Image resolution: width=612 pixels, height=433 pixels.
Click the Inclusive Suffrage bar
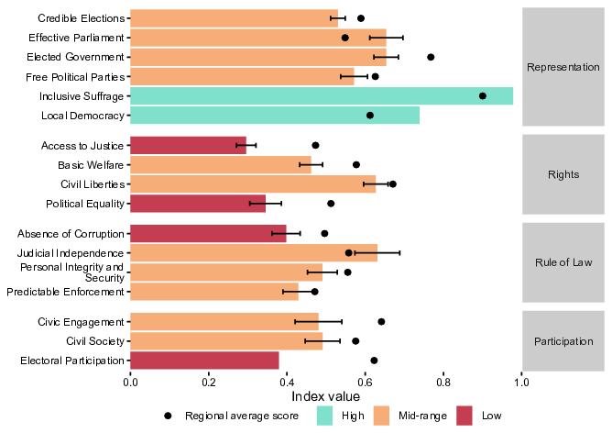[x=322, y=96]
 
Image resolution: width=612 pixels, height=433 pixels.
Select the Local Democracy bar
[x=275, y=116]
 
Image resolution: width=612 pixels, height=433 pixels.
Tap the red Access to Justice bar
[x=188, y=145]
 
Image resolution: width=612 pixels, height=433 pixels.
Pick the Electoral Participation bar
[x=204, y=361]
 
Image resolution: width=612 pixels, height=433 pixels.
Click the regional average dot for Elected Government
[x=431, y=57]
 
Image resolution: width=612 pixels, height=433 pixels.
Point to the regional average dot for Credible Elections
[x=361, y=18]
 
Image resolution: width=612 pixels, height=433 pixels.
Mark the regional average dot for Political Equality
[x=331, y=204]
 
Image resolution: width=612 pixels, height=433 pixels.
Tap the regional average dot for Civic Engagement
[x=381, y=322]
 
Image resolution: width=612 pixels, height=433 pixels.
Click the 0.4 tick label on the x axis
[x=287, y=382]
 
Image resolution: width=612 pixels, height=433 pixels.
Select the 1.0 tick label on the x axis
[x=522, y=382]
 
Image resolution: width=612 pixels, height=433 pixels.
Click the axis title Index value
[x=325, y=396]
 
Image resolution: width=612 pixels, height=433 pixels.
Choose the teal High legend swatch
[x=324, y=416]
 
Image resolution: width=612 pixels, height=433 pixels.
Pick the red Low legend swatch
[x=464, y=416]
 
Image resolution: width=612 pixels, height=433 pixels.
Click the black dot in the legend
[x=168, y=416]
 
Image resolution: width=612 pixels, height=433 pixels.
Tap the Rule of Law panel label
[x=563, y=262]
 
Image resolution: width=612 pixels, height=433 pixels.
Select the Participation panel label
[x=563, y=341]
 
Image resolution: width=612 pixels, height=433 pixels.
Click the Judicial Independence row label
[x=71, y=253]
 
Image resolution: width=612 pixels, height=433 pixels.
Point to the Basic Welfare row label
[x=91, y=165]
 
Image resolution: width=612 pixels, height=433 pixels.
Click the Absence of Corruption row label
[x=71, y=234]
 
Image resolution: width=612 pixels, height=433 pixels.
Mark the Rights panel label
[x=563, y=174]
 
